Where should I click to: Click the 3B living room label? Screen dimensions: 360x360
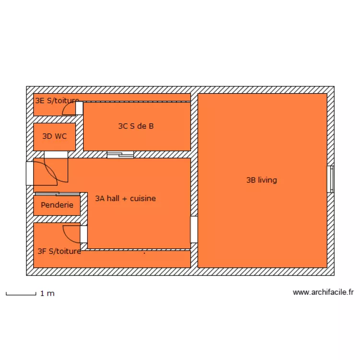coord(262,180)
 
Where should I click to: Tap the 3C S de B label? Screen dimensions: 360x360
coord(136,126)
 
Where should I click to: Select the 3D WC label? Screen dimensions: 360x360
coord(54,136)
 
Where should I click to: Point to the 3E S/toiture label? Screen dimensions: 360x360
coord(57,101)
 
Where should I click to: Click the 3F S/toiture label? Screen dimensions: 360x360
coord(59,251)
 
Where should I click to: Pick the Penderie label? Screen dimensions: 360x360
coord(57,205)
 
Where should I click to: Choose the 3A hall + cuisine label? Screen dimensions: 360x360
coord(125,198)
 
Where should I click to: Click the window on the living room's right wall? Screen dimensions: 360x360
coord(330,180)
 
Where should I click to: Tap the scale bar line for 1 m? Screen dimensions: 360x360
coord(21,293)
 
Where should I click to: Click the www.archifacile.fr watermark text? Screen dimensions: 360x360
coord(323,292)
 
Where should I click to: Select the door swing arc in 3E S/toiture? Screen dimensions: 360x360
coord(68,110)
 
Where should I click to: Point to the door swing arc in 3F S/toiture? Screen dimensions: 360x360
coord(70,232)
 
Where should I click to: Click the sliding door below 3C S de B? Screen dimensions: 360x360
coord(120,155)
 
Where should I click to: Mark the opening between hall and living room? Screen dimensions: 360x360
coord(194,229)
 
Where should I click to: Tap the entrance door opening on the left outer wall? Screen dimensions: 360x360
coord(30,173)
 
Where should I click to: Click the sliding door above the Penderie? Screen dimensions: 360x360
coord(57,194)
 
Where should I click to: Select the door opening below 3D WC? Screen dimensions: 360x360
coord(56,155)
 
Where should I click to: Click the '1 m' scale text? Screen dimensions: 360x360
coord(47,293)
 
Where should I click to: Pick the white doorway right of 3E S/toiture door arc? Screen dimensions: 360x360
coord(79,108)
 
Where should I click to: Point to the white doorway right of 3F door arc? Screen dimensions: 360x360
coord(84,234)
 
